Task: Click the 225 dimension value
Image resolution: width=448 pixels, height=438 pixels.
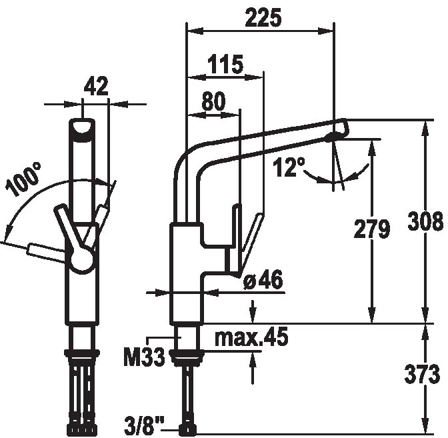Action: point(263,18)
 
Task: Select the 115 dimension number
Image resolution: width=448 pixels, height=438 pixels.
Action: point(225,64)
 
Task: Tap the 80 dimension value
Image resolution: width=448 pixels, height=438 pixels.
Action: point(213,101)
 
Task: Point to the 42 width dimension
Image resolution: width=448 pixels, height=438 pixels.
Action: point(96,86)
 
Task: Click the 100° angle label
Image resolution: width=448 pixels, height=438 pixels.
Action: point(23,179)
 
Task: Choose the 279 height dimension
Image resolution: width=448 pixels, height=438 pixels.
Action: point(372,229)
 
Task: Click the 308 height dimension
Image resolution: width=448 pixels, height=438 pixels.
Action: point(425,221)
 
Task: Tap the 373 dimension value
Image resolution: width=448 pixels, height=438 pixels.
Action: point(422,374)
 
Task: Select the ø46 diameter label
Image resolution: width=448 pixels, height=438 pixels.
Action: point(263,279)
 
